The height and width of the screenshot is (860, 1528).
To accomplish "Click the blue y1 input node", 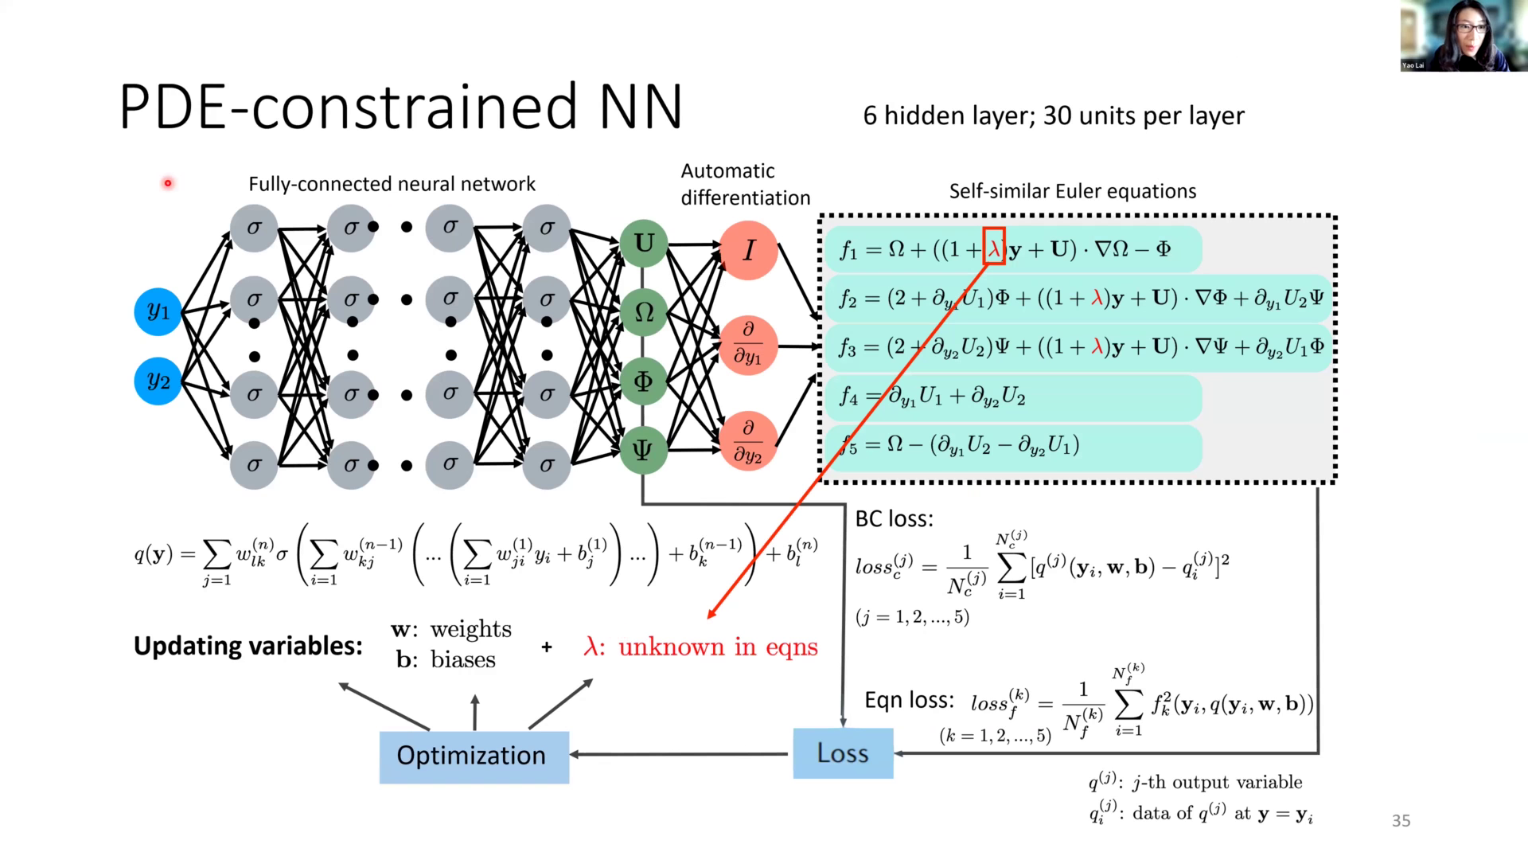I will point(158,311).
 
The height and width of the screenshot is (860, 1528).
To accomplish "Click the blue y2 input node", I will point(158,381).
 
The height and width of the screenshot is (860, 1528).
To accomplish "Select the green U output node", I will point(643,244).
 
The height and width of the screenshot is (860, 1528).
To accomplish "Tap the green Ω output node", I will point(643,312).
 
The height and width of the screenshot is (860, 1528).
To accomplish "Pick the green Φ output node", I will point(643,381).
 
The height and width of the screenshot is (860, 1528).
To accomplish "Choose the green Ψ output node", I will point(643,451).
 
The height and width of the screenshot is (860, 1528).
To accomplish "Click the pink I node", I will point(748,251).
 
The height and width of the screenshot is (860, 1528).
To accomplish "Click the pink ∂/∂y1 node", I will point(748,345).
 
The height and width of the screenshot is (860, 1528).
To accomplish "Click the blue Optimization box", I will point(474,756).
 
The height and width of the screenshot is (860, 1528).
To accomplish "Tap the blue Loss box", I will point(843,752).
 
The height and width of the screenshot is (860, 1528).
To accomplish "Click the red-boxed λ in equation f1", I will point(994,248).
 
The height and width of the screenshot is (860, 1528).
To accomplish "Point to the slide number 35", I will point(1401,820).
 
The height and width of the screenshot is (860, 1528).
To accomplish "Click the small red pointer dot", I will point(168,183).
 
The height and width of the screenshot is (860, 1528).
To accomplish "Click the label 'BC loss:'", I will point(894,519).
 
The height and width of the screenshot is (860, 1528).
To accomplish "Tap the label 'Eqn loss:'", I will point(909,700).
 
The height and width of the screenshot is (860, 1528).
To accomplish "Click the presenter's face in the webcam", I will point(1469,32).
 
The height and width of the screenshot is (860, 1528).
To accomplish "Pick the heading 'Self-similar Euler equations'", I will point(1072,191).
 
